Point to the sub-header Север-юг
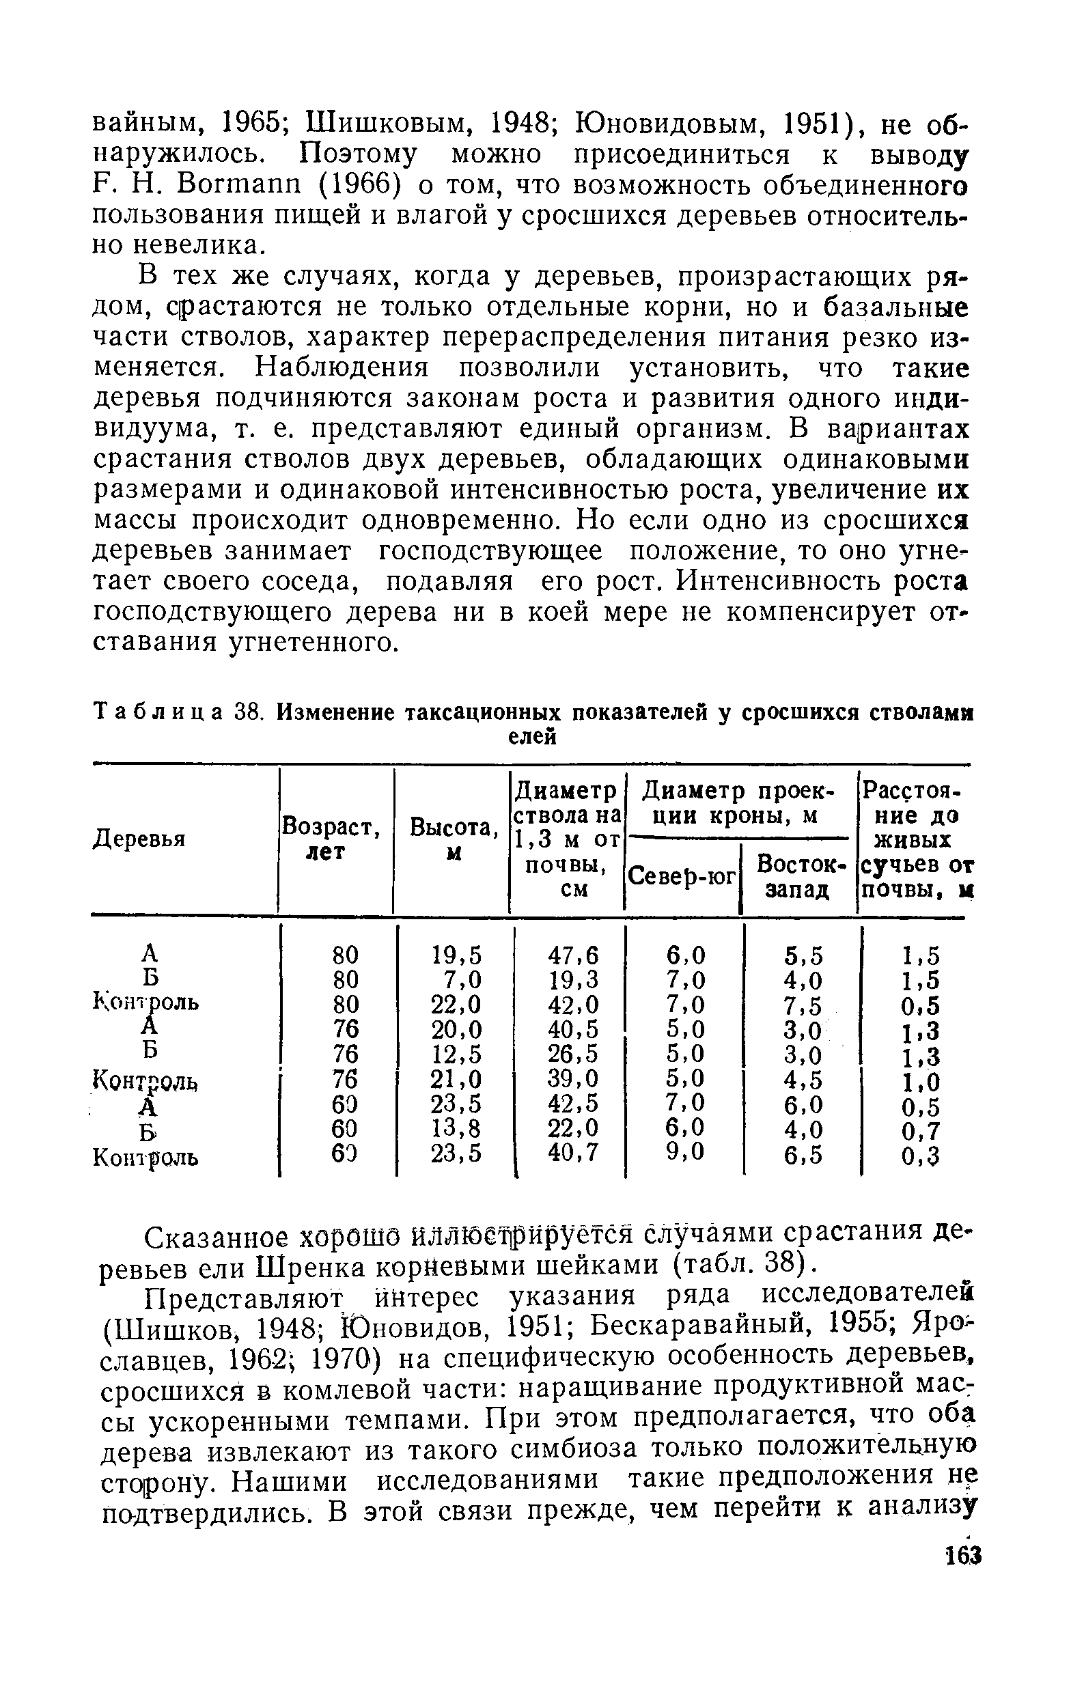point(682,876)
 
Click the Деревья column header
point(139,839)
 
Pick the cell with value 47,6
point(573,955)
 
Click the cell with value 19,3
point(573,979)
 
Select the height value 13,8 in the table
point(456,1128)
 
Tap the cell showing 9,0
point(686,1152)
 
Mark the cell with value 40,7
point(573,1153)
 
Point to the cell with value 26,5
point(573,1054)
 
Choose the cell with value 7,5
point(803,1005)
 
